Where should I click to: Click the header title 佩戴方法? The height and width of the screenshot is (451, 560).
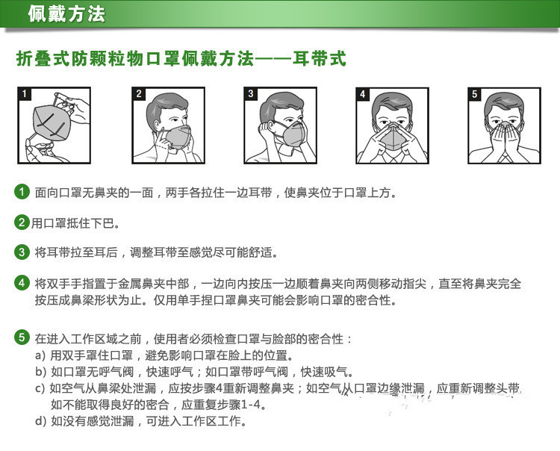point(66,14)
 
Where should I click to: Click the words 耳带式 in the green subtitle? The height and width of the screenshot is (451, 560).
point(320,58)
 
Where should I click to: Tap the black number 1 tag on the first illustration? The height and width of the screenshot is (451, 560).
point(25,94)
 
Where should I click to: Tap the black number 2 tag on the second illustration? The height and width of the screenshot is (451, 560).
point(139,94)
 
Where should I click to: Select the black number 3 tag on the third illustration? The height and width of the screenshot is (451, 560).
point(251,94)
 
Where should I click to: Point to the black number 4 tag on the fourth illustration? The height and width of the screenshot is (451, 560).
point(363,94)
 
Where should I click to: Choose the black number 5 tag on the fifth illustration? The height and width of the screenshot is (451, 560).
point(475,94)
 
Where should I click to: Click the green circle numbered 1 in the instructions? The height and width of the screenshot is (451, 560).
point(22,192)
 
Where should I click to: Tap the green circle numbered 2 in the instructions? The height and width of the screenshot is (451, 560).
point(22,223)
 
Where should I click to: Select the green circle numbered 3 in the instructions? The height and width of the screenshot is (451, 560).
point(22,252)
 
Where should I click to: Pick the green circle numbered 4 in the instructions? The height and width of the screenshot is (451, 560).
point(22,283)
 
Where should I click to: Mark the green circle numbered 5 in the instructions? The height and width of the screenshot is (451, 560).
point(22,338)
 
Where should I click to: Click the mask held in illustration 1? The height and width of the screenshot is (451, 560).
point(52,123)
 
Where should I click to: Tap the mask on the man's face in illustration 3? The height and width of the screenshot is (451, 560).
point(291,134)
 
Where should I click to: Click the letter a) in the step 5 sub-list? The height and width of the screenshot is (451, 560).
point(40,355)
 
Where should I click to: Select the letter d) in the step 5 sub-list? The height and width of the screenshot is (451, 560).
point(40,421)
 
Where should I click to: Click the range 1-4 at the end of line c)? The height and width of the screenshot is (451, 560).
point(251,405)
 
